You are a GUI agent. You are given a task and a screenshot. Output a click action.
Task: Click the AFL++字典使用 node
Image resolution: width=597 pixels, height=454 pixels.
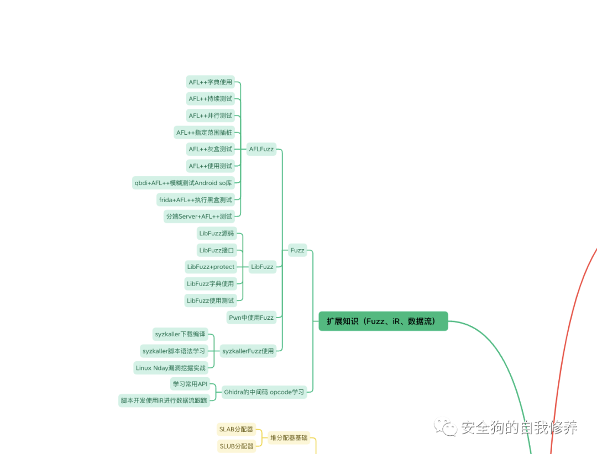pos(211,82)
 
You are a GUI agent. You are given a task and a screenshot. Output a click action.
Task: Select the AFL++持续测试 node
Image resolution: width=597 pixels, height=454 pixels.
pos(211,99)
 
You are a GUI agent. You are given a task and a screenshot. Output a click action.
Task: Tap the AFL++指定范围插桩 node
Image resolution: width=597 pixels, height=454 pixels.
pos(205,132)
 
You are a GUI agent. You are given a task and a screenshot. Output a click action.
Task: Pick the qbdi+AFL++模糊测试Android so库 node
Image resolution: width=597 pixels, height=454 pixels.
pos(184,183)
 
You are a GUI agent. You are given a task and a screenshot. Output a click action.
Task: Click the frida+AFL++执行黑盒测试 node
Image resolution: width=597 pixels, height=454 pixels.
pos(196,199)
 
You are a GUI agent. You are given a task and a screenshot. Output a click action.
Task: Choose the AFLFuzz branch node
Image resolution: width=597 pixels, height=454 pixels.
pos(261,149)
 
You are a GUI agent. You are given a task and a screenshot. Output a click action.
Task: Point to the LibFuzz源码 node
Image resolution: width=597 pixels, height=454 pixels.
pos(217,233)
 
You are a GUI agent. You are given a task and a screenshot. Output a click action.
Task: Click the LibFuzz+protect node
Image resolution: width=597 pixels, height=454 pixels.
pos(211,267)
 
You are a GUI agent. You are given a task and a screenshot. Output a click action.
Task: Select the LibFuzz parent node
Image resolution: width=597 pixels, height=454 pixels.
pos(262,267)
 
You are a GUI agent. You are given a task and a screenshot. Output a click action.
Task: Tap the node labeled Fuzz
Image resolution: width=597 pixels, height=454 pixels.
pos(297,250)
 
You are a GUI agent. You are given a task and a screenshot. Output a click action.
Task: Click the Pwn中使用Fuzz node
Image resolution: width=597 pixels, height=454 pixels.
pos(251,317)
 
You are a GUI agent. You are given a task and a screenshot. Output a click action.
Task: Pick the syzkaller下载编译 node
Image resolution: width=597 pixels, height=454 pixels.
pos(180,334)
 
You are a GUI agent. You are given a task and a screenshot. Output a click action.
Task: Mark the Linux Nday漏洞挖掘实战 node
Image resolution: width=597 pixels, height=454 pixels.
pos(171,368)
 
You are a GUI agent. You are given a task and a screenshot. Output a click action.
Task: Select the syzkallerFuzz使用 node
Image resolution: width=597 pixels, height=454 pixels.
pos(248,351)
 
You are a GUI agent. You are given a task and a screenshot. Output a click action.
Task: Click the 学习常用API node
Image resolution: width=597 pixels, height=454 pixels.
pos(190,384)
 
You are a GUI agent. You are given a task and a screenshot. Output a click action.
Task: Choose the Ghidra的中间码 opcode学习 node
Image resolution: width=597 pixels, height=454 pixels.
pos(264,392)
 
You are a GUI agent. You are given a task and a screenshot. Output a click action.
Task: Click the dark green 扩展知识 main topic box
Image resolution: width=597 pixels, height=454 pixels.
pos(383,321)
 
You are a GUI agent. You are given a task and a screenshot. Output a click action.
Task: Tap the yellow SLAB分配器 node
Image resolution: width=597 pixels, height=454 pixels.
pos(236,429)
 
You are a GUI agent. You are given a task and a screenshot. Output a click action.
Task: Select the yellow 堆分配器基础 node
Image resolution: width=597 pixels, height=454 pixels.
pos(289,438)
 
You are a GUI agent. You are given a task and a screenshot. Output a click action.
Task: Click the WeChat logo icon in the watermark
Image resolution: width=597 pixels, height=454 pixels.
pos(446,427)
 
